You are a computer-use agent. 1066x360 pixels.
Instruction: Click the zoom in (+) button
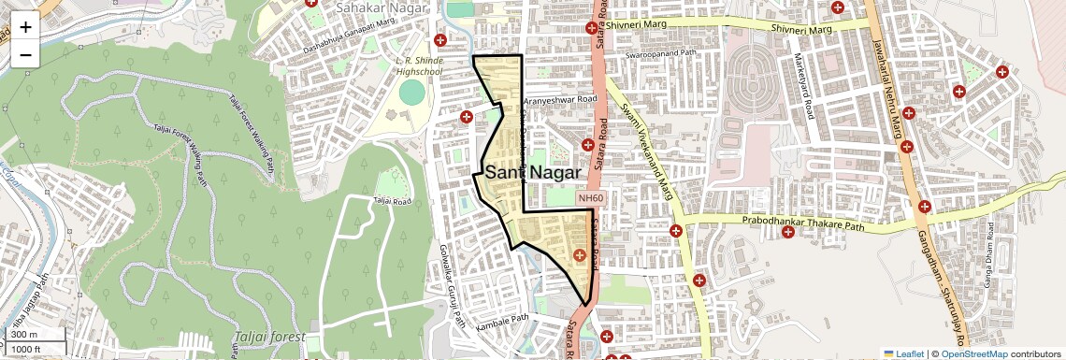[25, 27]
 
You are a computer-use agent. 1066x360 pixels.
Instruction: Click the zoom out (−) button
[25, 54]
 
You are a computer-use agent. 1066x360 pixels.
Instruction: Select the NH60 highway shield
[591, 198]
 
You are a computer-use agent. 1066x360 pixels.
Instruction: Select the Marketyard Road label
[804, 90]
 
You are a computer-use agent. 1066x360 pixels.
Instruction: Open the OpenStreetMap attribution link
[973, 353]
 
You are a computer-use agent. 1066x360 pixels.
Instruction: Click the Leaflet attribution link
[904, 353]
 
